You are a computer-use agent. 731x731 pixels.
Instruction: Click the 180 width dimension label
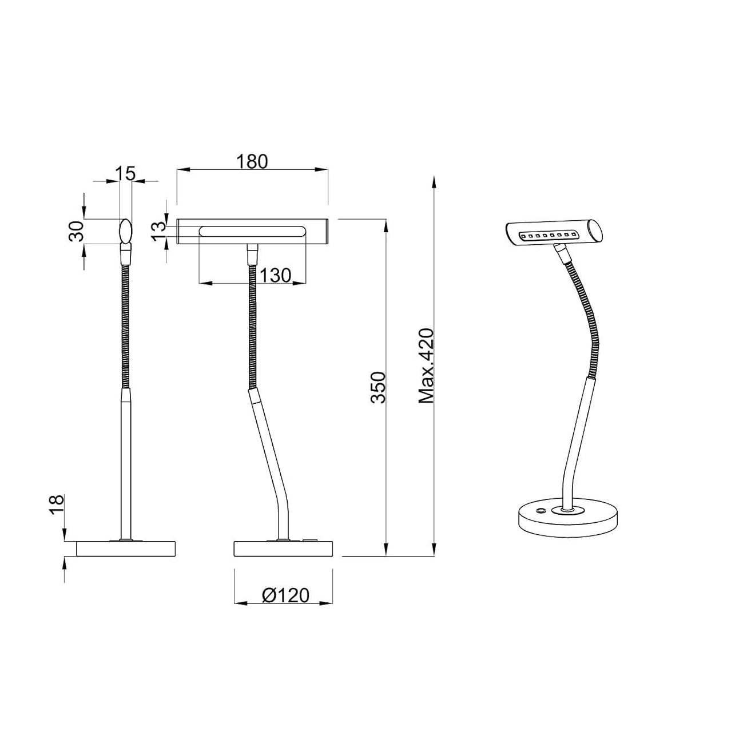click(x=252, y=162)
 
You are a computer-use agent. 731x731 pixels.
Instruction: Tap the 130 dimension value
click(x=275, y=276)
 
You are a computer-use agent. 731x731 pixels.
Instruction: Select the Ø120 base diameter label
click(x=285, y=595)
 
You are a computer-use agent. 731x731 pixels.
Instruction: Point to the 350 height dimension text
click(x=379, y=387)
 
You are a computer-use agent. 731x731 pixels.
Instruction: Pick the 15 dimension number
click(x=125, y=173)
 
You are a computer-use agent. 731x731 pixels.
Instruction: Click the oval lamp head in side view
click(x=125, y=231)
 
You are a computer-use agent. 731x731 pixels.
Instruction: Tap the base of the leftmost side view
click(x=126, y=549)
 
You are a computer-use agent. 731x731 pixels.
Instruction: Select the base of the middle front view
click(x=283, y=549)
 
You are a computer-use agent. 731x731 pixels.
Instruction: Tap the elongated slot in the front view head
click(x=252, y=232)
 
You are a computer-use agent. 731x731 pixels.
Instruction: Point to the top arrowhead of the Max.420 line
click(x=434, y=182)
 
